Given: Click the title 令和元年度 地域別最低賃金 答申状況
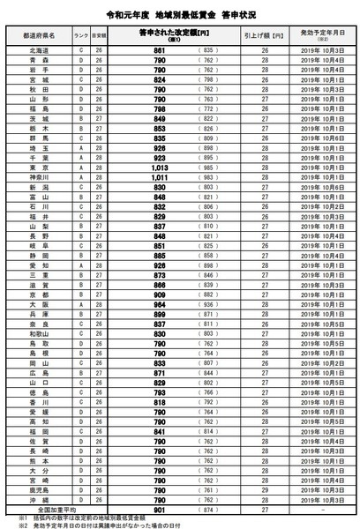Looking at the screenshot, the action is click(x=179, y=15).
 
